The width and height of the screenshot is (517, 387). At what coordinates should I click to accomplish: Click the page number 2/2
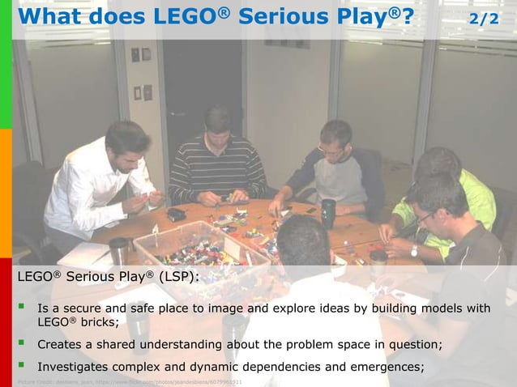pyautogui.click(x=485, y=18)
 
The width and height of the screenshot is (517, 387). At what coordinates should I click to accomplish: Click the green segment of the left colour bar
pyautogui.click(x=6, y=65)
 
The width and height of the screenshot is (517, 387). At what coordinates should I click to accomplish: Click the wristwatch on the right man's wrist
pyautogui.click(x=413, y=251)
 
